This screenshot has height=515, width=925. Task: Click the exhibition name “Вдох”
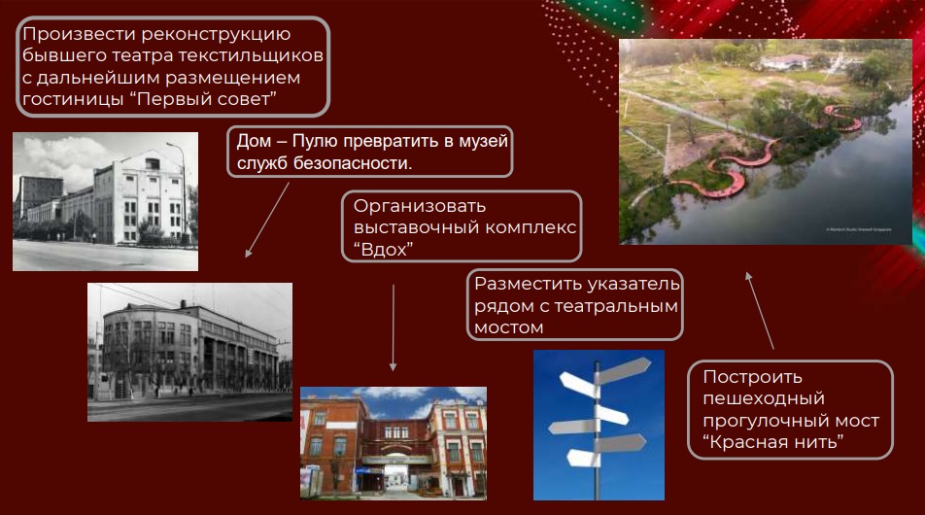383,250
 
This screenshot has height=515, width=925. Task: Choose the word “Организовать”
420,206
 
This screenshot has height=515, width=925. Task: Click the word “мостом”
508,327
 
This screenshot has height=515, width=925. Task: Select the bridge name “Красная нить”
772,442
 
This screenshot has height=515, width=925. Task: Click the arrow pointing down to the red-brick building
393,328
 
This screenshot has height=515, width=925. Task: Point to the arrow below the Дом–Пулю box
266,220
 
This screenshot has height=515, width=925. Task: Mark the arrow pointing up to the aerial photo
759,310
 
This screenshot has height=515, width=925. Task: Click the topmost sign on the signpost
624,369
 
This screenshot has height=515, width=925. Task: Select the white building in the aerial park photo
785,61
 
